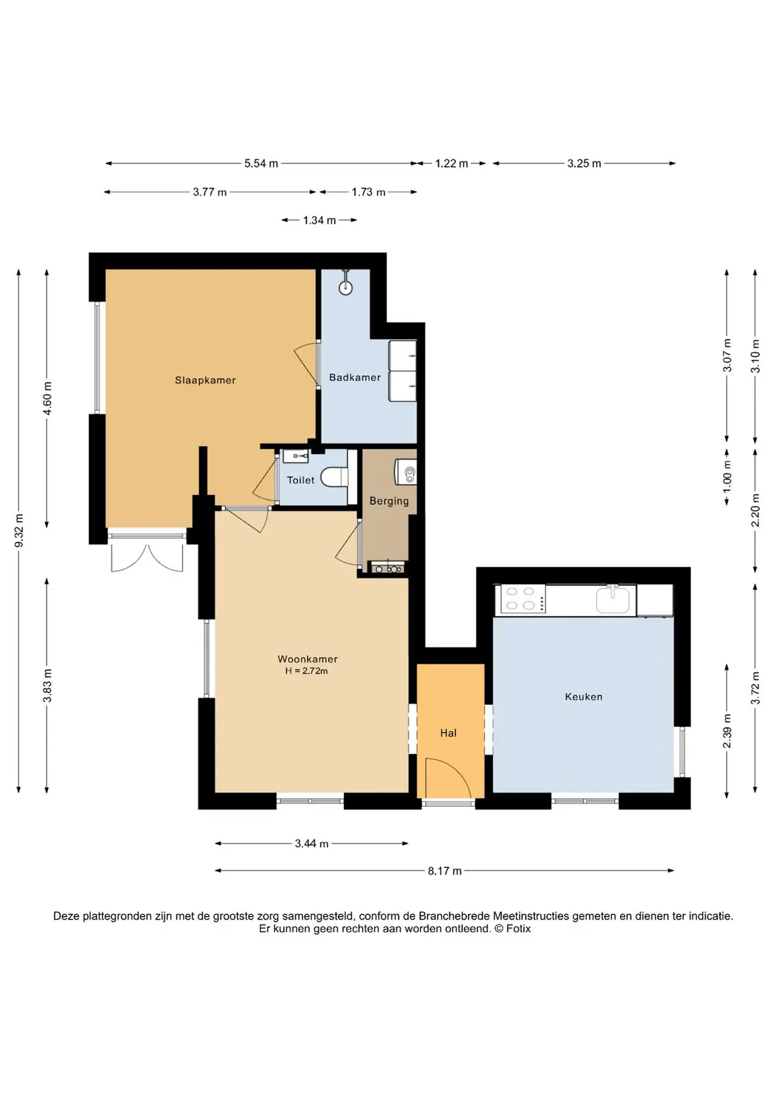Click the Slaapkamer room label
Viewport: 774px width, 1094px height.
click(x=205, y=380)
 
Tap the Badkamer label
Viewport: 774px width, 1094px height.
click(x=355, y=377)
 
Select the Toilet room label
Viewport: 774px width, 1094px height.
click(x=300, y=480)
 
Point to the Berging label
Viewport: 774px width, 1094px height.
click(x=388, y=501)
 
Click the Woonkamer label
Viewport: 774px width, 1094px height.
click(x=308, y=659)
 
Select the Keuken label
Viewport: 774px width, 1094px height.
click(x=583, y=697)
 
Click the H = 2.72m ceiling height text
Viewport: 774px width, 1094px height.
click(x=307, y=671)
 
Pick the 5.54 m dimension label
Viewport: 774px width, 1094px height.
click(x=261, y=163)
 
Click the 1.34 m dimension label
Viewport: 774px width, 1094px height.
click(x=319, y=220)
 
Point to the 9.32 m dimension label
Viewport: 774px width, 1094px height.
click(x=19, y=531)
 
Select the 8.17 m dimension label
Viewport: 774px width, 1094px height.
click(x=444, y=871)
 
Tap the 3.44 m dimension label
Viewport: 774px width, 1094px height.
click(x=312, y=844)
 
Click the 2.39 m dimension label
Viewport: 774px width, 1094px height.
click(x=727, y=731)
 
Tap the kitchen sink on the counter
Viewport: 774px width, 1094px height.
click(x=613, y=599)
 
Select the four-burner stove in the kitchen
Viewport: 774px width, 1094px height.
click(x=520, y=599)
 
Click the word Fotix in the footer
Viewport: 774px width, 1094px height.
click(x=518, y=929)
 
